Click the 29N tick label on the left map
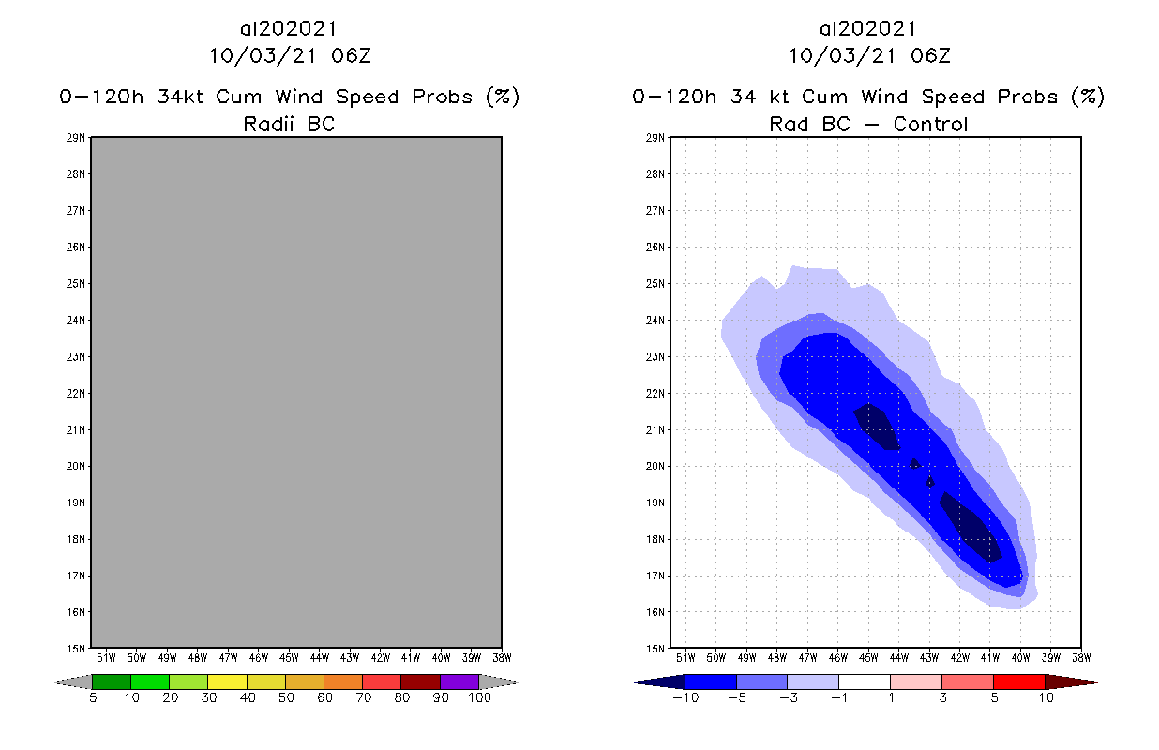point(79,138)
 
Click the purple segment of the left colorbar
point(459,682)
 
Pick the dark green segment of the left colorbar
point(112,682)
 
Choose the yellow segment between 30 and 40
point(227,682)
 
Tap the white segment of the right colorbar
point(864,682)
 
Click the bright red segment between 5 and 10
point(1018,682)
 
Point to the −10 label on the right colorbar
point(683,697)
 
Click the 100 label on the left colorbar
point(479,697)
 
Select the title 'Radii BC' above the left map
point(289,124)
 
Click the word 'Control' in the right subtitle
point(930,124)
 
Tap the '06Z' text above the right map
point(930,55)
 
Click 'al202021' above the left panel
point(289,28)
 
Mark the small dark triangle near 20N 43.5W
point(914,463)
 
